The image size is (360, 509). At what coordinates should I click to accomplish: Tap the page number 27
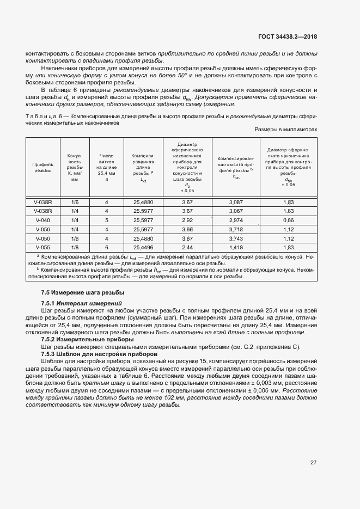click(x=314, y=463)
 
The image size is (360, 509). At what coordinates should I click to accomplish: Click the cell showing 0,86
click(x=289, y=220)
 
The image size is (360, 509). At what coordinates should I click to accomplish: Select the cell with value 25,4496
click(x=143, y=247)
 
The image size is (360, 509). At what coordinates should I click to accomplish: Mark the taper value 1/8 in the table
click(x=75, y=247)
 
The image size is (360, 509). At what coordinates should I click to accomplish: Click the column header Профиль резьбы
click(x=43, y=167)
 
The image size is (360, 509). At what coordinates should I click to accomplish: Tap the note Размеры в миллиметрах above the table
click(x=285, y=130)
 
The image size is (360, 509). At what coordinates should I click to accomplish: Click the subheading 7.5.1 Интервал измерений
click(x=82, y=303)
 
